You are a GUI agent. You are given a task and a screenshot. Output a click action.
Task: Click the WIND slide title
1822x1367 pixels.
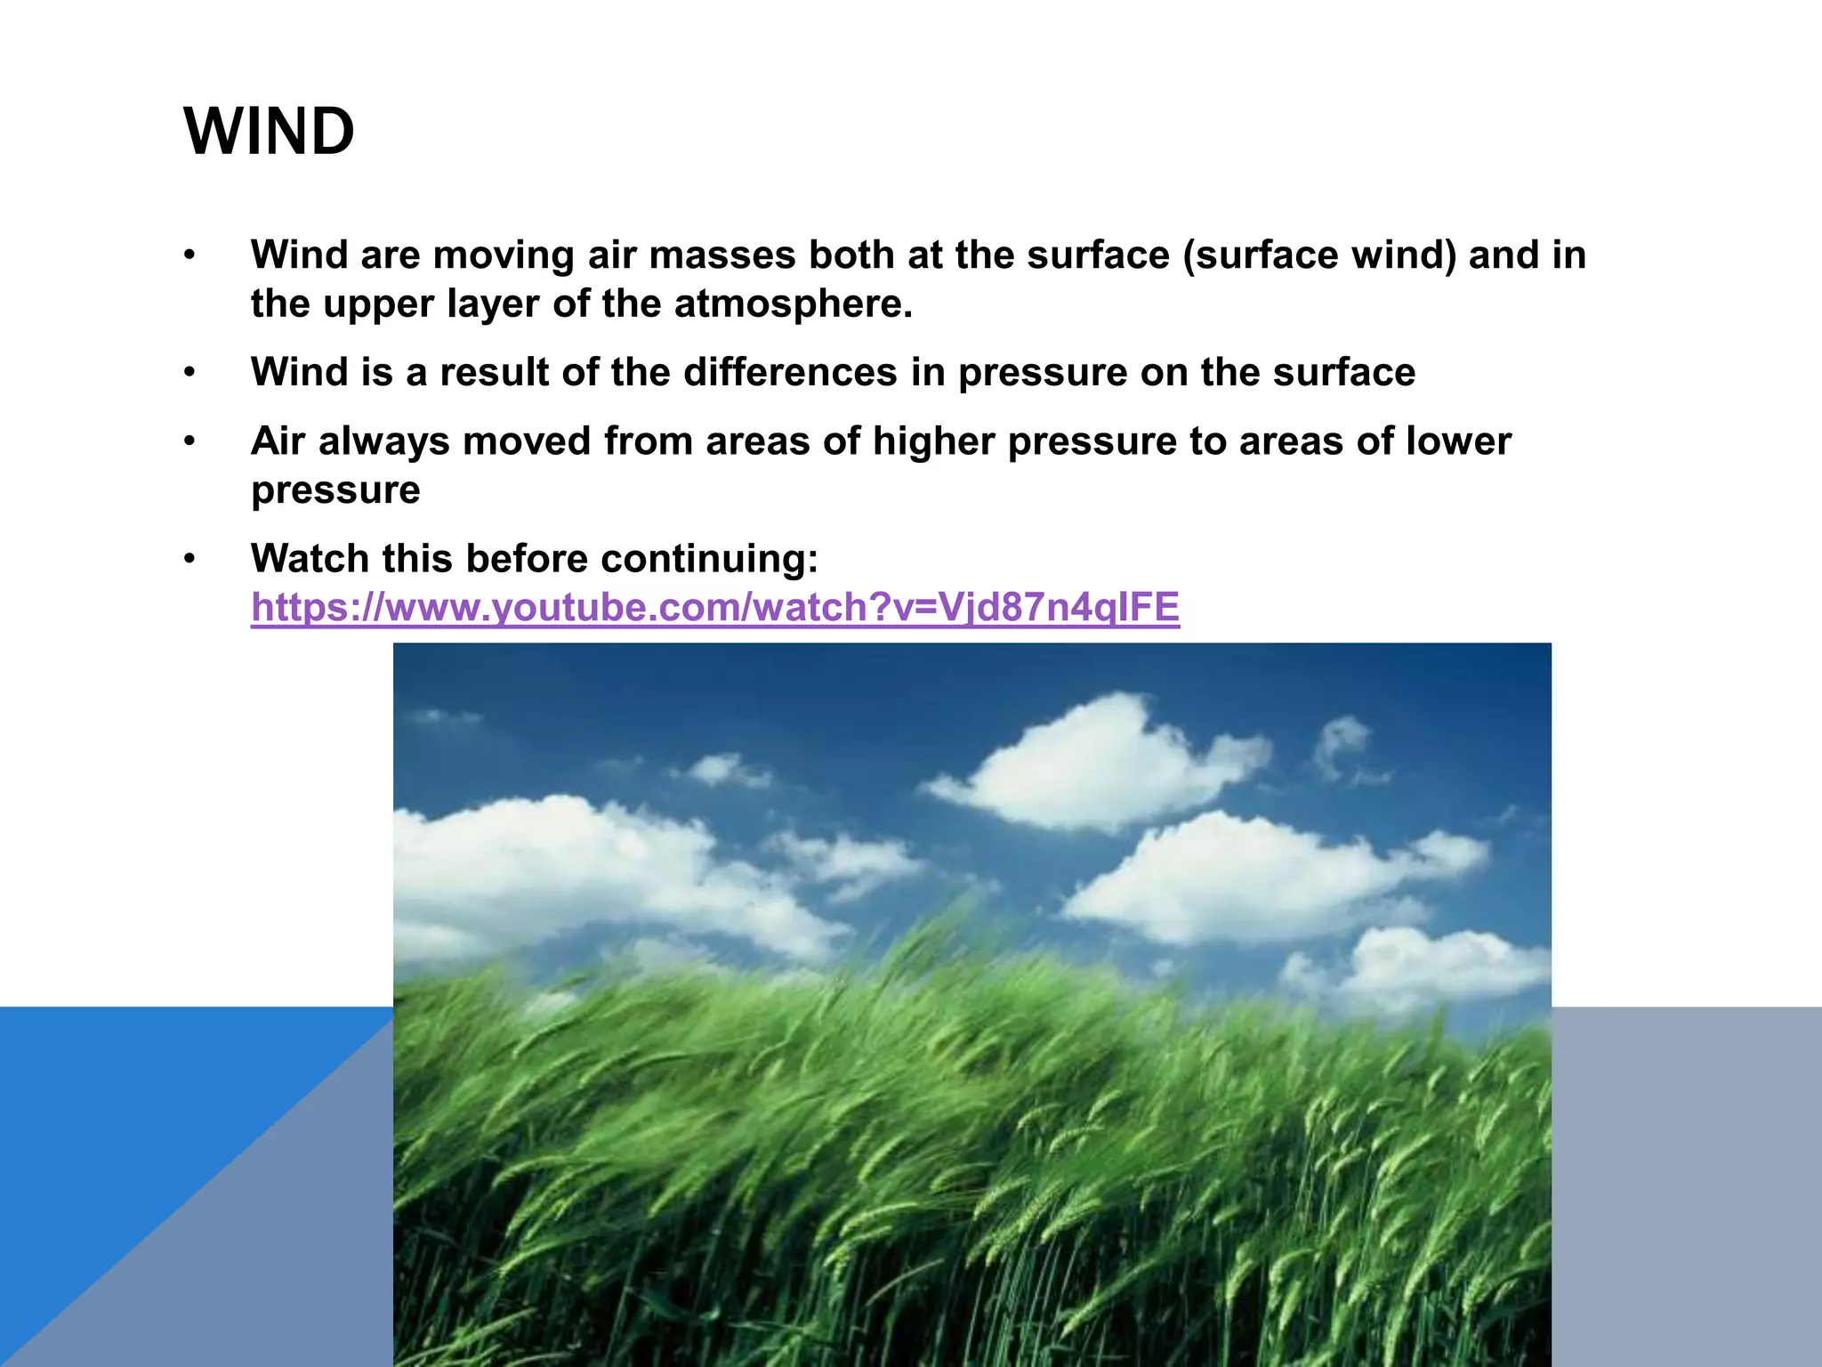(x=269, y=132)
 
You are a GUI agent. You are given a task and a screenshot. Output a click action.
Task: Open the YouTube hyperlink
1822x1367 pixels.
(x=714, y=608)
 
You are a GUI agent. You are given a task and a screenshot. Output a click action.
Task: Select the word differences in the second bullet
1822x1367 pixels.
(x=790, y=373)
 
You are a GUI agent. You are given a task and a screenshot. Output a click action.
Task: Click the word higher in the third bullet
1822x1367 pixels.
(x=933, y=441)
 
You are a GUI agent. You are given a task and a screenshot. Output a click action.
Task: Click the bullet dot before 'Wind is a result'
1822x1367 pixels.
(x=189, y=374)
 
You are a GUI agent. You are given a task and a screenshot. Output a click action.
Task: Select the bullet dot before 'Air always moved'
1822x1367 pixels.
(x=189, y=442)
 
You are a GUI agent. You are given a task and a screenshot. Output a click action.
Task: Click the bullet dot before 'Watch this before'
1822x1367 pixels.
(x=189, y=560)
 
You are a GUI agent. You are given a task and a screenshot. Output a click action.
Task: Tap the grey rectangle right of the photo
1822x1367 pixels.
(x=1686, y=1184)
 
